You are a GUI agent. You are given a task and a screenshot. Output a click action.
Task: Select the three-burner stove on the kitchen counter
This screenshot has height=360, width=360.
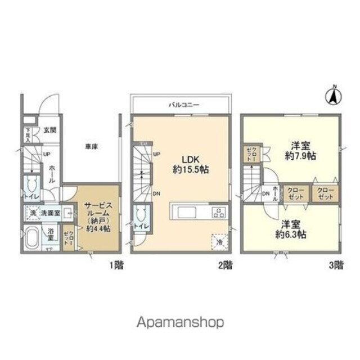click(x=218, y=213)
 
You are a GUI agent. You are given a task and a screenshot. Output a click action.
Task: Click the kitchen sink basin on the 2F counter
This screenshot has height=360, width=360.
click(x=186, y=213)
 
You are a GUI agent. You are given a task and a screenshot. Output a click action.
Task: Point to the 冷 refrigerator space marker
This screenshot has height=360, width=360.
click(x=218, y=241)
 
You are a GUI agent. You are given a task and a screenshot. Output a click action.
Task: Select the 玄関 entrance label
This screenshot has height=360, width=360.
click(x=49, y=130)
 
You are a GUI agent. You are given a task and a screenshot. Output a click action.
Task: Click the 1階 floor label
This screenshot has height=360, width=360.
click(x=114, y=264)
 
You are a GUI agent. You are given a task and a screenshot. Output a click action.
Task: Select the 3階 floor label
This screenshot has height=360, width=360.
click(x=334, y=264)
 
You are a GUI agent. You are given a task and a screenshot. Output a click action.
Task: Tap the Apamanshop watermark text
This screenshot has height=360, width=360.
click(x=180, y=322)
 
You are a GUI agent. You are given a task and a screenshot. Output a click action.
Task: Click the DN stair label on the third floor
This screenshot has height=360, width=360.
click(x=265, y=195)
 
